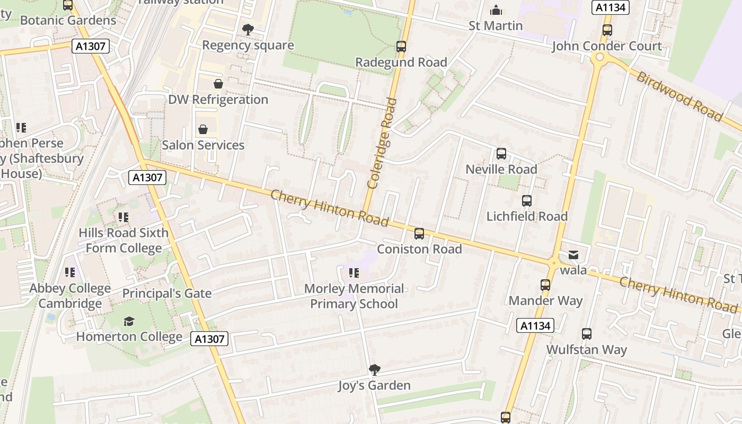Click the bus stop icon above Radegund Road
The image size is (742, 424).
[x=401, y=47]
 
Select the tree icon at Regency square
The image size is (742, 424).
[x=248, y=30]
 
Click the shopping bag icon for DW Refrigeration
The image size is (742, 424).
[x=218, y=84]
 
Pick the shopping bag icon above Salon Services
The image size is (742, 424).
[x=202, y=129]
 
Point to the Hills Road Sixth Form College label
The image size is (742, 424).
[x=123, y=241]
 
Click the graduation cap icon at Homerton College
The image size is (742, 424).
[x=129, y=321]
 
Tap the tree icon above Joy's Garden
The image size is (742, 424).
[x=374, y=369]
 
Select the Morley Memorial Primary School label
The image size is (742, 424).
[x=354, y=296]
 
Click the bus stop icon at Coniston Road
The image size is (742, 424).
[x=419, y=233]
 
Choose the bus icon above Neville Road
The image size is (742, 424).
[x=501, y=154]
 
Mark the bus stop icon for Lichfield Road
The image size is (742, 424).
[x=526, y=201]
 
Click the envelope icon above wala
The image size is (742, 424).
[x=573, y=255]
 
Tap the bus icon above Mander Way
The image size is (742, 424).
[x=545, y=285]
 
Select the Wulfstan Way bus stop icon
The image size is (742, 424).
[x=586, y=334]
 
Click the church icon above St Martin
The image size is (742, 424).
[x=496, y=10]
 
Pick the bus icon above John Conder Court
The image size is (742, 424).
[x=607, y=30]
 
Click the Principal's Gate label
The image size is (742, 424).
[x=167, y=293]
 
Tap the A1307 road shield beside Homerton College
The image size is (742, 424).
[x=209, y=339]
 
